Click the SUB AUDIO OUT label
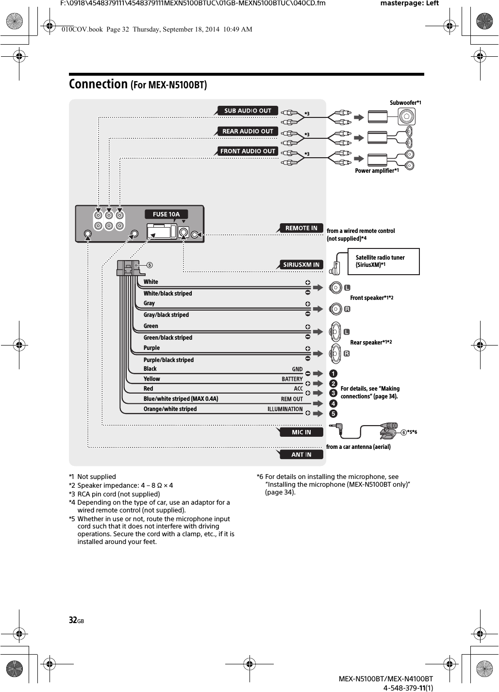[x=248, y=111]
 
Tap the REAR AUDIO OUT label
[x=248, y=131]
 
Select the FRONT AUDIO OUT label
[x=248, y=151]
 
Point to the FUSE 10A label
[x=166, y=214]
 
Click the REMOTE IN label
[x=301, y=228]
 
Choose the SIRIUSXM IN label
[x=301, y=264]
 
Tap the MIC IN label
[x=301, y=432]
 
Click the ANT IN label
[x=301, y=455]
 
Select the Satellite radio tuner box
[x=383, y=262]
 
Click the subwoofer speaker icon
[x=407, y=116]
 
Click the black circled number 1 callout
[x=333, y=374]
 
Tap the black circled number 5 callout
[x=333, y=414]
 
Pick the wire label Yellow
[x=151, y=379]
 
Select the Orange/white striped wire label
[x=170, y=409]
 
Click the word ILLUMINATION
[x=285, y=409]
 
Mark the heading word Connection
[x=98, y=84]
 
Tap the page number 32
[x=73, y=620]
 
